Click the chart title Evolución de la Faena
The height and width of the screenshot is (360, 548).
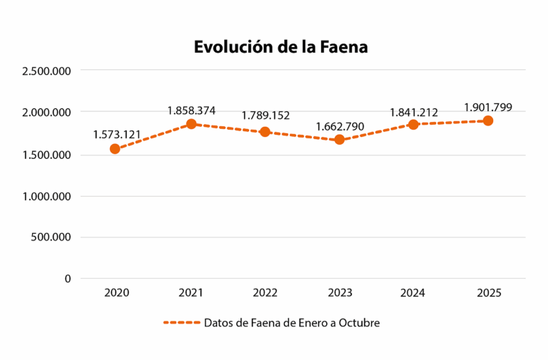coord(280,47)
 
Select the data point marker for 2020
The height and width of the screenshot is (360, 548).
coord(115,149)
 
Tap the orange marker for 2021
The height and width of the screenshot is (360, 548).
coord(191,124)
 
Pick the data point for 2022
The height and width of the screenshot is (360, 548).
coord(265,132)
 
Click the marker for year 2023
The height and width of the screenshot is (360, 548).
coord(340,140)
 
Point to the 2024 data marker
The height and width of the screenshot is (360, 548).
coord(414,124)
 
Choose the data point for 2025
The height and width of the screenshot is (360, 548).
coord(488,120)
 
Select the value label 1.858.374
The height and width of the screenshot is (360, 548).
coord(191,110)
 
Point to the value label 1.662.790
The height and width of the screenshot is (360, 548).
coord(340,126)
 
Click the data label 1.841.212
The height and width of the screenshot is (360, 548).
coord(414,112)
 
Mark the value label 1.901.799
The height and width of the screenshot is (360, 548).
coord(488,108)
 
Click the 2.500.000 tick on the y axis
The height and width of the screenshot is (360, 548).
coord(46,71)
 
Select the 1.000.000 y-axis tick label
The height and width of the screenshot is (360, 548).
coord(46,196)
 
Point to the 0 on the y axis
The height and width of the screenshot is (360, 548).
coord(68,279)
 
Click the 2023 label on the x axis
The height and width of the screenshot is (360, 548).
coord(340,293)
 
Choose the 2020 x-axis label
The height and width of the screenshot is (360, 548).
coord(117,293)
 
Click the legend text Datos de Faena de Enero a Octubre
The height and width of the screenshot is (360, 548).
coord(292,323)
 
